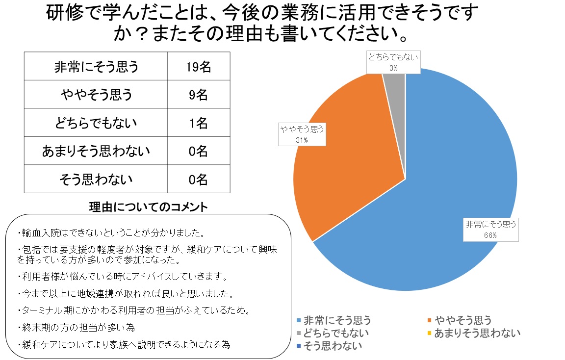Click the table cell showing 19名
pos(198,67)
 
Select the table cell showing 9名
pos(198,95)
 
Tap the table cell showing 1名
pos(198,123)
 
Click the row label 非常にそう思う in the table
pos(96,67)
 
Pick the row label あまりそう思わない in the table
pos(96,151)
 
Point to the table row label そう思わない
pos(96,180)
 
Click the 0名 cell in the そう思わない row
pos(198,180)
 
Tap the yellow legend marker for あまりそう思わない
pos(430,334)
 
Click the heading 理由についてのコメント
pos(149,207)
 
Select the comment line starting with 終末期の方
pos(76,327)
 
